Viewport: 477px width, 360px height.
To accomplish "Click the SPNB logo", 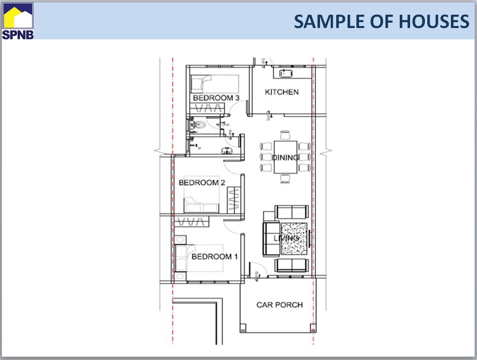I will pos(18,21).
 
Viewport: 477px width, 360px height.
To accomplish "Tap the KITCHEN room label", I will pos(282,92).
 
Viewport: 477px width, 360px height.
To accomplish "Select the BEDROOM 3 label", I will pos(216,98).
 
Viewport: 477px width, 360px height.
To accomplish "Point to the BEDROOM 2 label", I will pos(201,183).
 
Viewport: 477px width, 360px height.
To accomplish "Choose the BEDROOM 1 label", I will pos(215,257).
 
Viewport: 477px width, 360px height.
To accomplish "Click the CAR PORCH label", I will pos(279,305).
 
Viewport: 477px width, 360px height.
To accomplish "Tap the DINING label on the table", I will pos(286,158).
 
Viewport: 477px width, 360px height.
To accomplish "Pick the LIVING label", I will pos(286,239).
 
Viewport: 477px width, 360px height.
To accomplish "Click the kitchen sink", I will pos(286,73).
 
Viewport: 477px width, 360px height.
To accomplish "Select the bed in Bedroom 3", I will pos(214,83).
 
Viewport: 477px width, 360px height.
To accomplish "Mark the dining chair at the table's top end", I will pos(285,135).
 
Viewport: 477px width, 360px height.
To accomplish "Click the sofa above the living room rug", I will pos(291,212).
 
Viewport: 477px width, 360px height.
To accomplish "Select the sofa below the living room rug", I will pos(291,265).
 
